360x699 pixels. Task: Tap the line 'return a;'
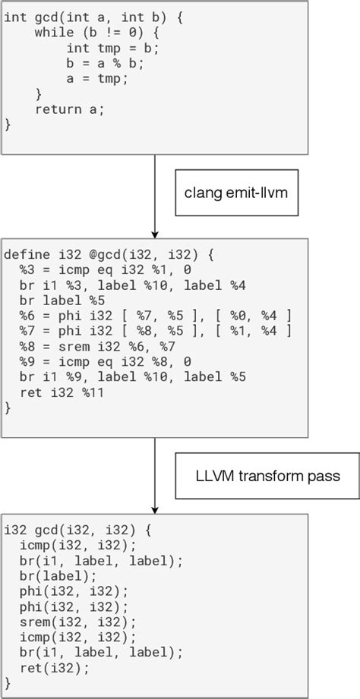pos(69,109)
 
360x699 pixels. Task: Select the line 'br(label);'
pos(55,575)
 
